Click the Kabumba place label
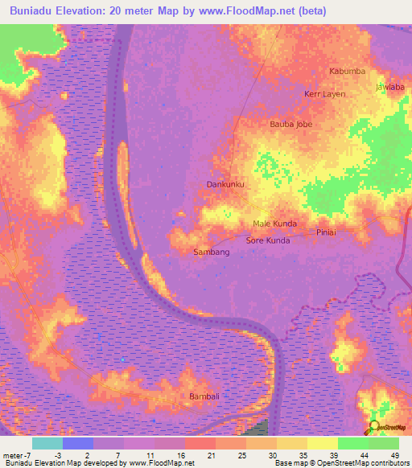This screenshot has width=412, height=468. point(348,72)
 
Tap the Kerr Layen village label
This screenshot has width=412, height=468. point(324,94)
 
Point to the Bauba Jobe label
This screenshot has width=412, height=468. point(290,125)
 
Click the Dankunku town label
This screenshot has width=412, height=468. point(225,185)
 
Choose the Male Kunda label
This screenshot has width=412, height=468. point(274,224)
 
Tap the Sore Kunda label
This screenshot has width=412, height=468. point(267,240)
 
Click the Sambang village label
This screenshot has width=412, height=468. point(212,252)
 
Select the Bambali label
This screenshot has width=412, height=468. point(204,397)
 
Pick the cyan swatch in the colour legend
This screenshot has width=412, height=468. point(47,443)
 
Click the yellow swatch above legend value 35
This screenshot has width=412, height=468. point(292,443)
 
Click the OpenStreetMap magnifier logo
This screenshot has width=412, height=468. point(374,427)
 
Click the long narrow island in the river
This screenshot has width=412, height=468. point(124,173)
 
